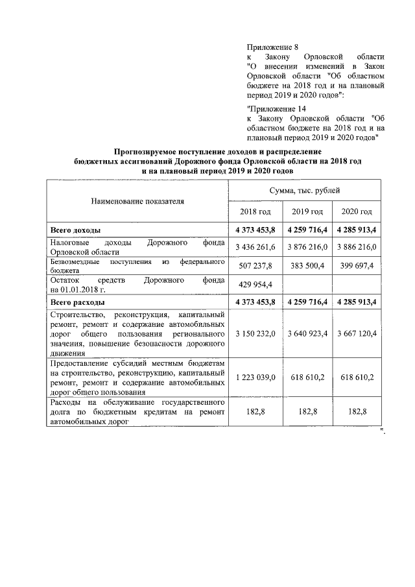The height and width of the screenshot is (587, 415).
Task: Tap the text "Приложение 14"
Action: pyautogui.click(x=276, y=108)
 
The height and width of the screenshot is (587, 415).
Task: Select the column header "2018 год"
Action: pyautogui.click(x=255, y=212)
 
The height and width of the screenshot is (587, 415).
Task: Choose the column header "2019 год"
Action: pyautogui.click(x=307, y=212)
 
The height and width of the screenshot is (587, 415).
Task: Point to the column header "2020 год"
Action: pyautogui.click(x=357, y=212)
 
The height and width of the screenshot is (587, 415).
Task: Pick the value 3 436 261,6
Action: pyautogui.click(x=255, y=248)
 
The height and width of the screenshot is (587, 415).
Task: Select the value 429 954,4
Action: pyautogui.click(x=255, y=285)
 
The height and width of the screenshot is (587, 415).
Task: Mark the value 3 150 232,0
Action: pyautogui.click(x=255, y=333)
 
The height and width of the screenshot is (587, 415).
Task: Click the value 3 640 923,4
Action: pyautogui.click(x=307, y=333)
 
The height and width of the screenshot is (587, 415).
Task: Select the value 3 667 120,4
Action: pyautogui.click(x=357, y=333)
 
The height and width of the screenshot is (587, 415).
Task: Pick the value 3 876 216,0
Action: pyautogui.click(x=307, y=248)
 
